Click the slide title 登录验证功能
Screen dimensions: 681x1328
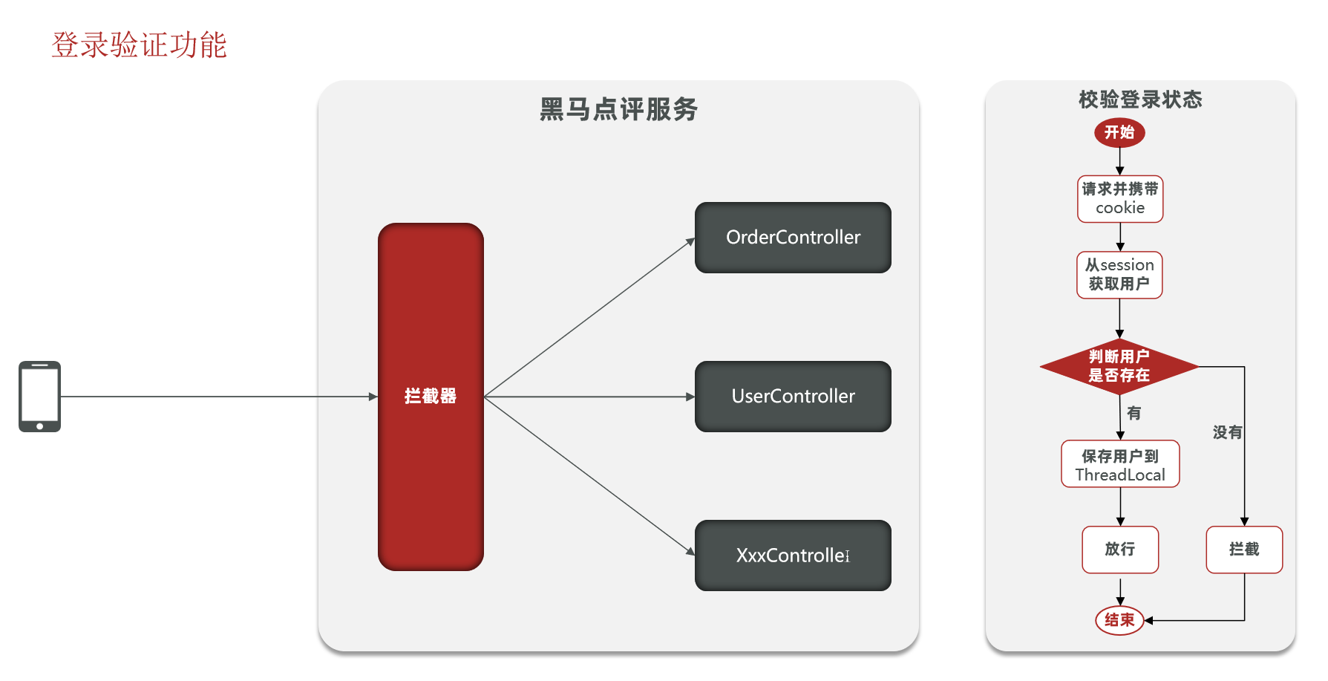click(x=139, y=45)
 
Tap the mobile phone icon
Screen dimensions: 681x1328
click(x=39, y=396)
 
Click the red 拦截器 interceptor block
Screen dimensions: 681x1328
click(x=431, y=396)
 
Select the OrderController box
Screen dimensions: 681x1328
click(x=793, y=238)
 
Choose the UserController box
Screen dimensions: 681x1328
click(x=793, y=397)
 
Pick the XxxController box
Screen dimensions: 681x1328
click(x=793, y=555)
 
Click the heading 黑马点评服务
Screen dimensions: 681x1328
click(x=618, y=109)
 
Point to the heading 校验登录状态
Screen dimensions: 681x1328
click(x=1140, y=100)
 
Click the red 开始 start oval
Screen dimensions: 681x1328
click(x=1119, y=133)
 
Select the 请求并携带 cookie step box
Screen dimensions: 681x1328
click(x=1119, y=199)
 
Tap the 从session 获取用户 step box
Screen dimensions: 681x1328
click(x=1119, y=275)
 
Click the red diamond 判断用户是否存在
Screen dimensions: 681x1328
click(x=1119, y=366)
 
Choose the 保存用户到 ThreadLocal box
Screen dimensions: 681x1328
click(x=1119, y=465)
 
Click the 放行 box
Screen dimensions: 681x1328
click(x=1119, y=550)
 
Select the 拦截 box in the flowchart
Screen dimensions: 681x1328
click(x=1244, y=550)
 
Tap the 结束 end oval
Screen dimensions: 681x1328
click(x=1119, y=620)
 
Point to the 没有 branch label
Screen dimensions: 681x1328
click(x=1226, y=432)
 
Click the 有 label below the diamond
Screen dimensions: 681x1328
click(x=1134, y=413)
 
